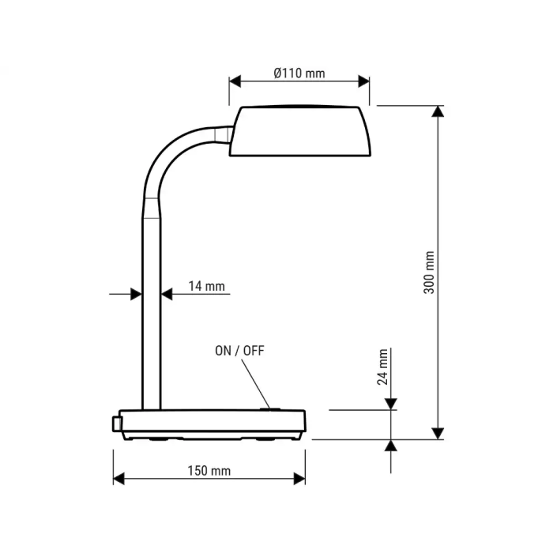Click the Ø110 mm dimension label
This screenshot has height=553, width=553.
tap(299, 73)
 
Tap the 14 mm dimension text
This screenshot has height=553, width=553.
tap(206, 286)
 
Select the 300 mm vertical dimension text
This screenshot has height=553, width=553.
tap(429, 273)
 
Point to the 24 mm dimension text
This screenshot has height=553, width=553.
tap(382, 367)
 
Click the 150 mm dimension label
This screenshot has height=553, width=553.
tap(209, 471)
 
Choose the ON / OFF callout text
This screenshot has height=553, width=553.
tap(239, 351)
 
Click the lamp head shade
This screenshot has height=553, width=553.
tap(299, 131)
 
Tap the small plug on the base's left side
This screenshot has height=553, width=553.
tap(117, 424)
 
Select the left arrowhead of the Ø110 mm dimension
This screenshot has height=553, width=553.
tap(235, 81)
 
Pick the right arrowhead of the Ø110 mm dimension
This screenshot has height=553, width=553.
tap(363, 81)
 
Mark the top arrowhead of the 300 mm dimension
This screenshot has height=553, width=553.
tap(438, 111)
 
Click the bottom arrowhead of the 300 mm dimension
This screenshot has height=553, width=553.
tap(438, 433)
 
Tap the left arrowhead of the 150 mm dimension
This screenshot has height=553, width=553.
tap(119, 478)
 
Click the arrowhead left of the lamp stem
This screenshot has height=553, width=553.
tap(136, 294)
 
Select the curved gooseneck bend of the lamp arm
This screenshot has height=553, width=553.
tap(170, 154)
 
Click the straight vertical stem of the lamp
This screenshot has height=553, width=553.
tap(152, 316)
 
